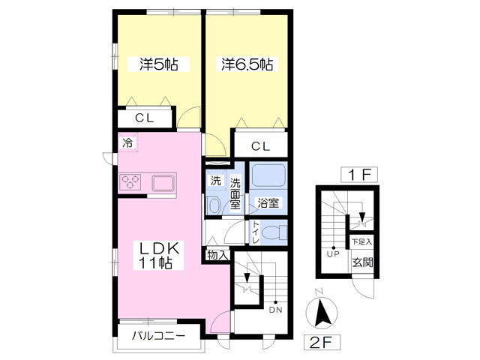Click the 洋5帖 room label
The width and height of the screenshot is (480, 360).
(158, 64)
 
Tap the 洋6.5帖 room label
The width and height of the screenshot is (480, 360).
(247, 64)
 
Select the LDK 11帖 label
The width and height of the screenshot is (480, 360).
(158, 255)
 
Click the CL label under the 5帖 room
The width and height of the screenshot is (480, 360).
(145, 118)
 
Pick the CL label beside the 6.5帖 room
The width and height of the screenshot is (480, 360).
(260, 146)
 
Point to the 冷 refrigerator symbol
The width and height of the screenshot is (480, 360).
(128, 142)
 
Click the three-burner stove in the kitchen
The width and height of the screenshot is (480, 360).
(130, 181)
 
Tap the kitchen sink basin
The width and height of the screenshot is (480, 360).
(162, 183)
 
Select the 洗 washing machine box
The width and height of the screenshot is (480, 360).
(216, 181)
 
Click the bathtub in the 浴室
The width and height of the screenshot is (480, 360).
(268, 175)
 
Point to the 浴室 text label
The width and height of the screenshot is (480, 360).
(268, 202)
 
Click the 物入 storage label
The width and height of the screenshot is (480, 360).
(217, 255)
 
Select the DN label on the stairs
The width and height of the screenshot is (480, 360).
(275, 310)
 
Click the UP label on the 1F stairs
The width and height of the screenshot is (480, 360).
(333, 254)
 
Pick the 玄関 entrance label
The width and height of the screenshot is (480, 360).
(362, 262)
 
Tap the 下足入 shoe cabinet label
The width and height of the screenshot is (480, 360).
(361, 241)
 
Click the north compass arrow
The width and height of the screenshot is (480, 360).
(322, 312)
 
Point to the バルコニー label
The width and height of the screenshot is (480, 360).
(158, 336)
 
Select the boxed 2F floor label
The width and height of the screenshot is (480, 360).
(322, 343)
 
